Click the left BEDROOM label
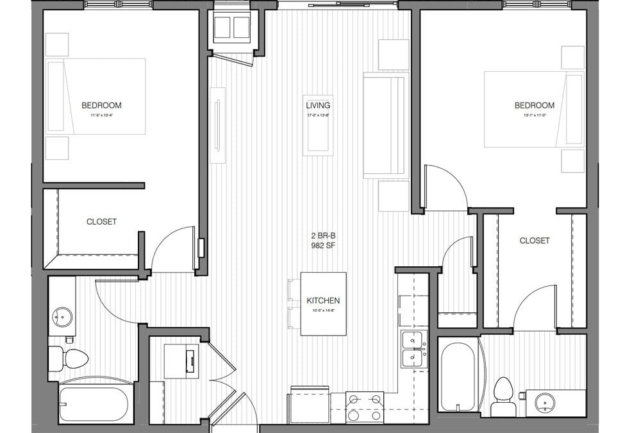(101, 105)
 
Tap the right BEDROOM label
(534, 105)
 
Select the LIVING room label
(318, 105)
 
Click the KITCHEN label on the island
(323, 300)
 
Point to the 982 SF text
(318, 245)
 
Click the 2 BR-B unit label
(318, 235)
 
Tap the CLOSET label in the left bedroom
(102, 222)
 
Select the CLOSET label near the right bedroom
(535, 241)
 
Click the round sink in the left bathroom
(62, 316)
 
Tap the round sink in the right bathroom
(545, 403)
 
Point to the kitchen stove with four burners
(365, 407)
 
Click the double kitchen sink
(413, 349)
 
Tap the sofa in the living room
(385, 125)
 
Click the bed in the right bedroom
(533, 109)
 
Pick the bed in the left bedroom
(96, 96)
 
